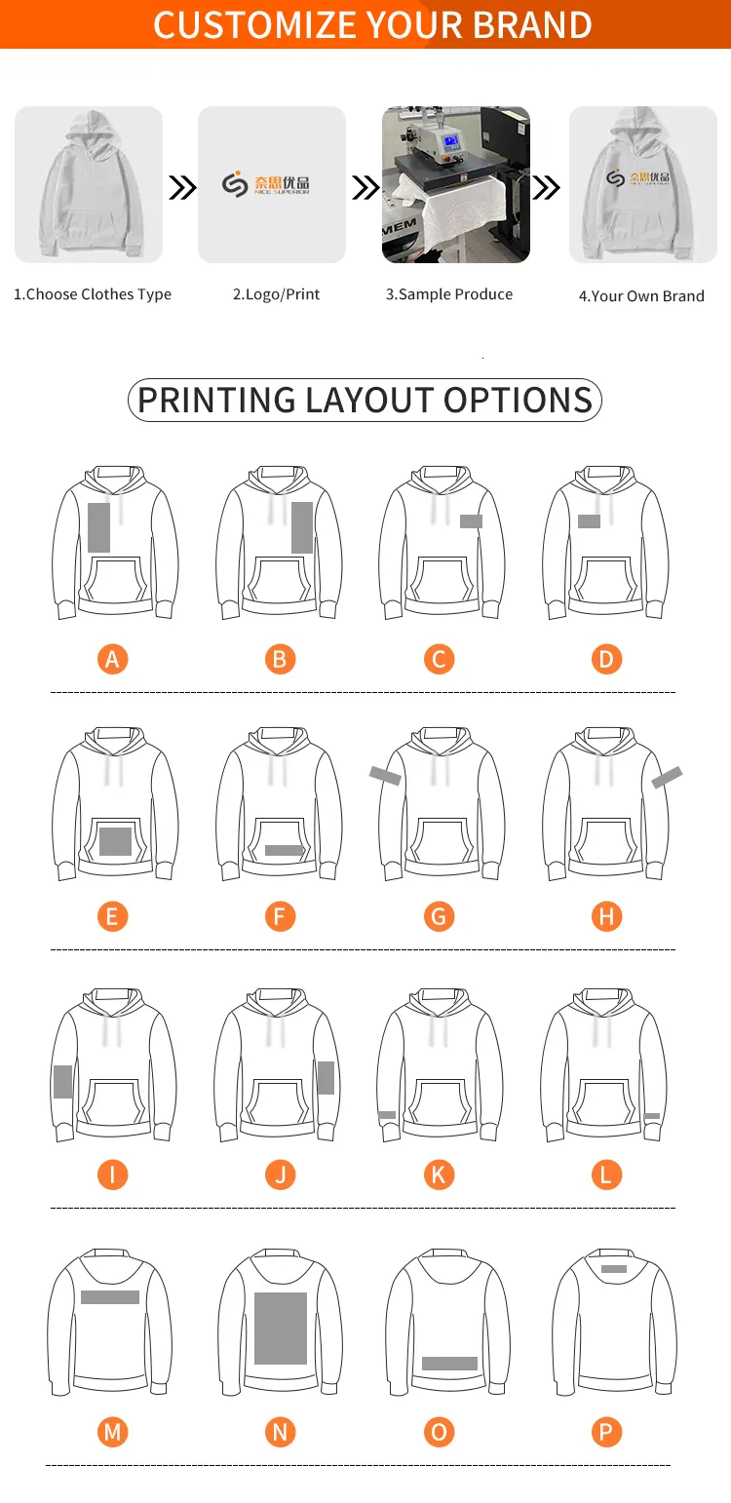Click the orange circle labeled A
(112, 659)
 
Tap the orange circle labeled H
(607, 916)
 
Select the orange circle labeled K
(439, 1175)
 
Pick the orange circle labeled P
(607, 1432)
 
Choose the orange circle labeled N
(280, 1432)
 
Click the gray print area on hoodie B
(302, 527)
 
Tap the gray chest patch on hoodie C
(471, 521)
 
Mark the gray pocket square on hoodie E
(115, 841)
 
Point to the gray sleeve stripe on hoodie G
(385, 775)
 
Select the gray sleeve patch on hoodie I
(63, 1082)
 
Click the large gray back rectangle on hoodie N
(281, 1328)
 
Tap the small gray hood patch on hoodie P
(614, 1269)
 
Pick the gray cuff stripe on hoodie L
(652, 1116)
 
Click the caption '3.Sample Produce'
(449, 294)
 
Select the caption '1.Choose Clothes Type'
(93, 294)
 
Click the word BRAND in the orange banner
(533, 24)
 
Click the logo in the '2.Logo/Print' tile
(266, 184)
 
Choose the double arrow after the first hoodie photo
(182, 188)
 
